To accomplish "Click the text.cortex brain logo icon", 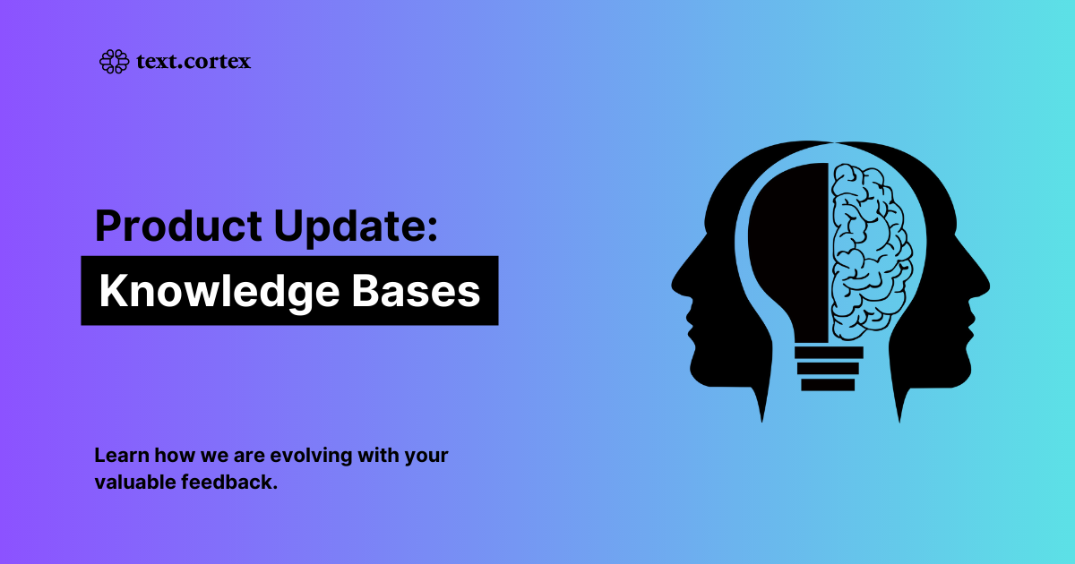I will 113,62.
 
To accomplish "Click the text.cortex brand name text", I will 193,62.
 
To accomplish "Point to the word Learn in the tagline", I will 116,455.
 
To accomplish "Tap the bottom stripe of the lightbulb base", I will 828,385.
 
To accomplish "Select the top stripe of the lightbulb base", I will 829,353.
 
